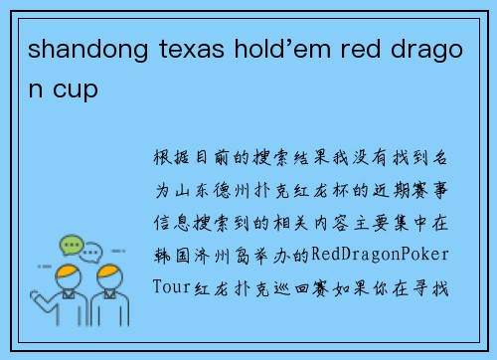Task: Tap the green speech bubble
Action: pyautogui.click(x=71, y=245)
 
